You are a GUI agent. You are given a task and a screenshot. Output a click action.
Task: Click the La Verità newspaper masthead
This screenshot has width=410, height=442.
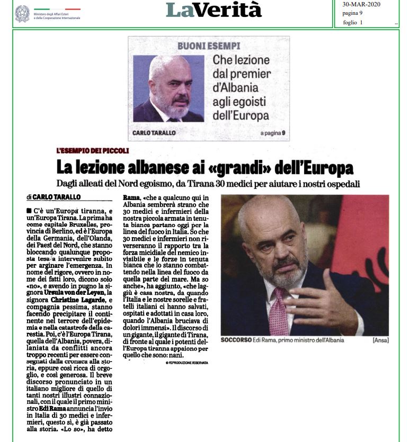click(213, 10)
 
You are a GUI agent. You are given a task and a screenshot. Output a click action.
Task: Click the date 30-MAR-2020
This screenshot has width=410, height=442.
click(361, 4)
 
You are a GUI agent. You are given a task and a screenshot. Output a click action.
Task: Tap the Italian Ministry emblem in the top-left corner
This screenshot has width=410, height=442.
click(22, 13)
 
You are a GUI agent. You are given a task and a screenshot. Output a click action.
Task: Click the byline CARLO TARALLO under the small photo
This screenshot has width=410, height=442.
click(154, 133)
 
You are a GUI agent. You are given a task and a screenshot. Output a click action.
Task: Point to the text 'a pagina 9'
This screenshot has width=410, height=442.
click(272, 133)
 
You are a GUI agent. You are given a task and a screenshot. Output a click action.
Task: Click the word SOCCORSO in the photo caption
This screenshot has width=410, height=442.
click(235, 340)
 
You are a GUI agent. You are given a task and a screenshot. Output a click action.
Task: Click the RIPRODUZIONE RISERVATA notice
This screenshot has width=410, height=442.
click(186, 363)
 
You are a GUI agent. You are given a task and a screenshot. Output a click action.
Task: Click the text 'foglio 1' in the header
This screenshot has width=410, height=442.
click(353, 22)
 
